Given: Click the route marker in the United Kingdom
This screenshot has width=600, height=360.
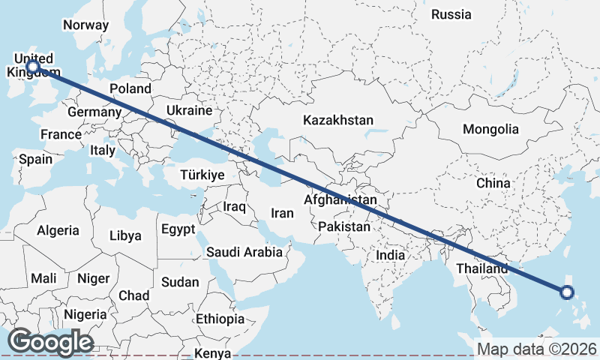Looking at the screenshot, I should [33, 67].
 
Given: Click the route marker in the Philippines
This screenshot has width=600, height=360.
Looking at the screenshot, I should [567, 292].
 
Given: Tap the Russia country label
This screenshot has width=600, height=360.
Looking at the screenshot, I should [451, 14].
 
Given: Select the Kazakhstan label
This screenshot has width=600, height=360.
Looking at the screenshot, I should [337, 120].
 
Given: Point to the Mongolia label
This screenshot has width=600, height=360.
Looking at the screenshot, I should [490, 129].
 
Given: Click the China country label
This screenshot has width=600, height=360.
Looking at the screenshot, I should [493, 182].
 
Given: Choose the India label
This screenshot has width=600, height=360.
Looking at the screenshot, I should [390, 255].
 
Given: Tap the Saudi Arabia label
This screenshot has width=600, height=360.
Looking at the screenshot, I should [245, 252].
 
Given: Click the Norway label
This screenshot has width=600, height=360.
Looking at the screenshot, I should [85, 25].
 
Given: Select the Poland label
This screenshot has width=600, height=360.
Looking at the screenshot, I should [130, 88].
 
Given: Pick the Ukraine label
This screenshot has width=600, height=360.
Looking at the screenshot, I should [189, 110].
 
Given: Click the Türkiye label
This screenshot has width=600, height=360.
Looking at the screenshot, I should [202, 175].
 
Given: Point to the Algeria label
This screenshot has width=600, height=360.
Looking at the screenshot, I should [58, 229].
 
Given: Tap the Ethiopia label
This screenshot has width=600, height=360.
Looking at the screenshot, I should [220, 319].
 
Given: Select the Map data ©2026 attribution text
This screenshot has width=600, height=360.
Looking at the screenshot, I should [536, 349].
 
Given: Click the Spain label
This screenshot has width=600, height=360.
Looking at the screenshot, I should [36, 159].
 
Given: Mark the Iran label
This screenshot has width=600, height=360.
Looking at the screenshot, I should [282, 213].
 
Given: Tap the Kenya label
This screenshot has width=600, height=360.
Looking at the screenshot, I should [213, 353].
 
